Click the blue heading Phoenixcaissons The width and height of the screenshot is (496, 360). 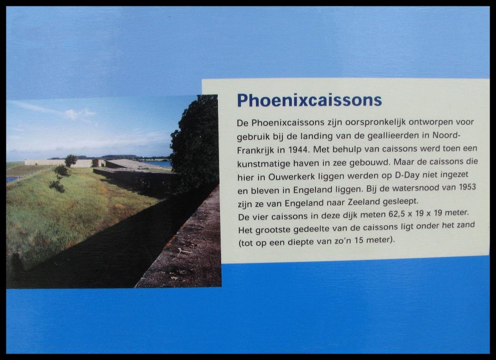pos(309,101)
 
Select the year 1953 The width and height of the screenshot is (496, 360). pos(465,187)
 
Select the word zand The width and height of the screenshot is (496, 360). pos(464,225)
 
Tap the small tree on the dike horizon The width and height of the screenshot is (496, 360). pos(71,160)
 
